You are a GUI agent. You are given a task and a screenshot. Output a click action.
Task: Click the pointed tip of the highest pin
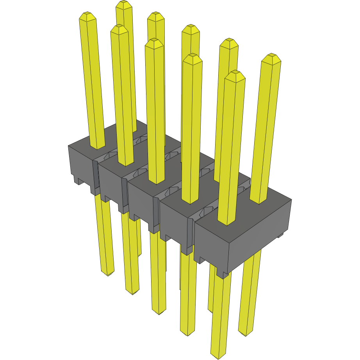point(124,4)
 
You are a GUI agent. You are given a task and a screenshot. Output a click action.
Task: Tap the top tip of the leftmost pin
point(87,15)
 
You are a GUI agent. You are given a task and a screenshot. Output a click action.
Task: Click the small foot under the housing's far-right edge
point(280,235)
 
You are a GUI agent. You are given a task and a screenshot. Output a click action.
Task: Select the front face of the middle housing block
point(143,203)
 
